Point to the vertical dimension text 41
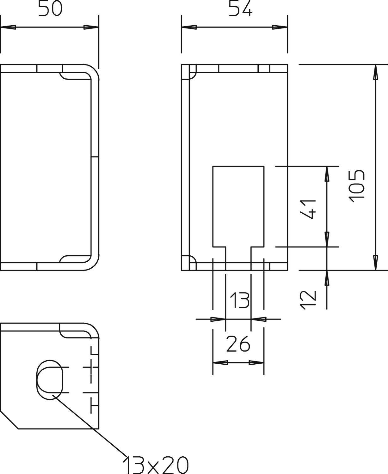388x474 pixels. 308,209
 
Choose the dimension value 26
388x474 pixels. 238,344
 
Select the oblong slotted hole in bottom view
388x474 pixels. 50,380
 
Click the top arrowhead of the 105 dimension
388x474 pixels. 375,73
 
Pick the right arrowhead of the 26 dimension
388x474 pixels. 256,362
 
